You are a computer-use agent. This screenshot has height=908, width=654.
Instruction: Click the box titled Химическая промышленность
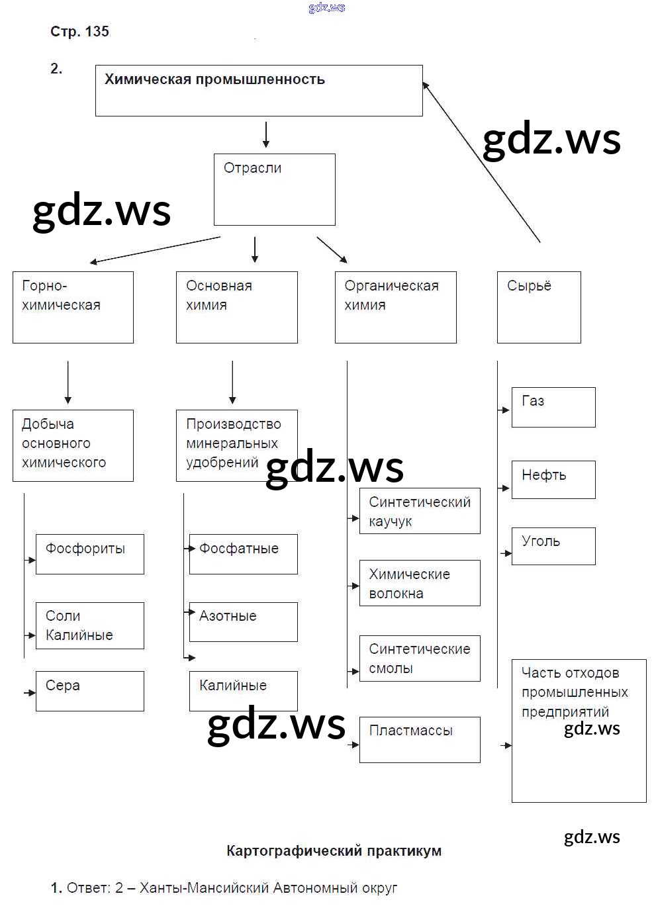(x=259, y=91)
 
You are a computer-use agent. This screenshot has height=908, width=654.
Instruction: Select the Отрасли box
(x=274, y=189)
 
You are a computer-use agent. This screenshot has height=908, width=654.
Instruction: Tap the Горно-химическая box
(x=73, y=307)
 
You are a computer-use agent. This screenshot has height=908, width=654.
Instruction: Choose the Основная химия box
(x=236, y=307)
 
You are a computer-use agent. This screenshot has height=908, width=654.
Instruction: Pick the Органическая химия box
(x=395, y=307)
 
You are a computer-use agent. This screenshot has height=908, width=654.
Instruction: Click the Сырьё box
(x=539, y=307)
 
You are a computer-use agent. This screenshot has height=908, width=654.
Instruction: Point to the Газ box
(x=553, y=407)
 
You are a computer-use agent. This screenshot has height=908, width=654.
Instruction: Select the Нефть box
(x=553, y=480)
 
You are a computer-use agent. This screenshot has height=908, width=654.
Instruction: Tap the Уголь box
(x=553, y=546)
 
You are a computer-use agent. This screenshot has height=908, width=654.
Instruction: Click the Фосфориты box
(x=89, y=554)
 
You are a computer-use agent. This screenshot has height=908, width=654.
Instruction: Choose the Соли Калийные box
(x=89, y=625)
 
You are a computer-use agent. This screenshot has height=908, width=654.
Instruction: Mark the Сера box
(x=89, y=691)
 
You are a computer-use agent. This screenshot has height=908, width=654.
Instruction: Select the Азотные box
(x=243, y=621)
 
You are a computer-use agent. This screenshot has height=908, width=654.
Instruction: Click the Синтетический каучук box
(x=420, y=511)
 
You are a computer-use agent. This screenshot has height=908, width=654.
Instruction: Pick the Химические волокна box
(x=420, y=583)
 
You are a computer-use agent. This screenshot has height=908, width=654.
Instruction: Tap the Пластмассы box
(x=420, y=739)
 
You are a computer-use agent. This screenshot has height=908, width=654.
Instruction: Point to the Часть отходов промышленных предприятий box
(x=579, y=731)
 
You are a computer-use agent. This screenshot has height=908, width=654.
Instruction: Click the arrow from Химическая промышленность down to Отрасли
(x=266, y=134)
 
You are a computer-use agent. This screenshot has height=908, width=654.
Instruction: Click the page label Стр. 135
(x=79, y=31)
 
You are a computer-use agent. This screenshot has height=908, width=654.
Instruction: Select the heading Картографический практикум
(x=334, y=851)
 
